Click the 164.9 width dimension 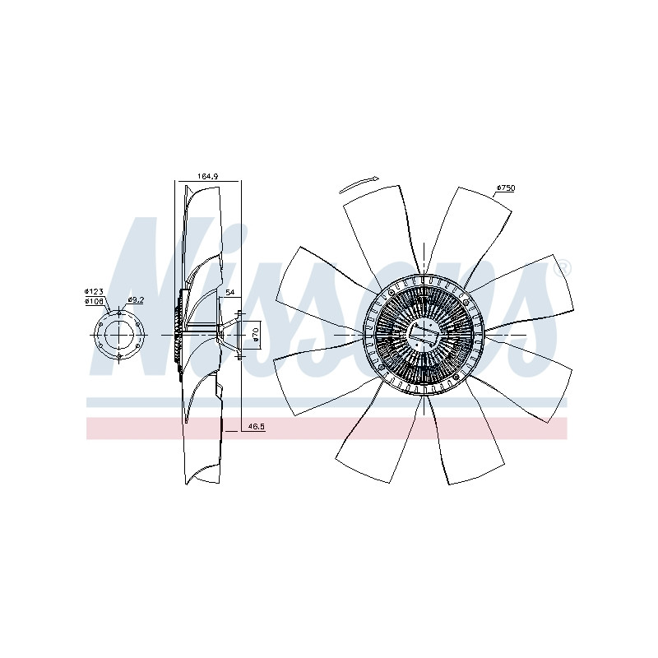pyautogui.click(x=207, y=177)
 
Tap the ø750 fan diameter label pyautogui.click(x=506, y=188)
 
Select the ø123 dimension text pyautogui.click(x=94, y=291)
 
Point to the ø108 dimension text pyautogui.click(x=94, y=301)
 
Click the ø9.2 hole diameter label pyautogui.click(x=136, y=299)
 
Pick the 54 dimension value pyautogui.click(x=230, y=293)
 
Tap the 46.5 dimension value pyautogui.click(x=256, y=427)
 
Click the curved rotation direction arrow pyautogui.click(x=359, y=184)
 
